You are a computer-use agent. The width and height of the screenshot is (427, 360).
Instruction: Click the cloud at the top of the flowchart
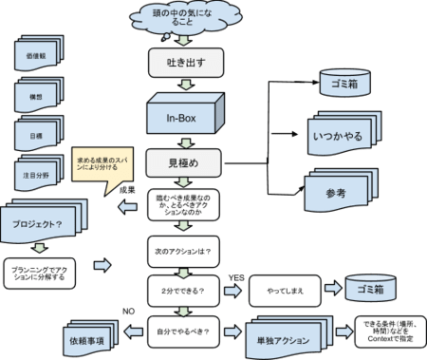tap(185, 19)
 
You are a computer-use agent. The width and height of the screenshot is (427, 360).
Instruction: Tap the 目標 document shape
tap(37, 138)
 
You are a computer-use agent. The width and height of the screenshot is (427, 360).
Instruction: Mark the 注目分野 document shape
tap(37, 177)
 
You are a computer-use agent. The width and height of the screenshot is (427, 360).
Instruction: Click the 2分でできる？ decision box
tap(183, 288)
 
